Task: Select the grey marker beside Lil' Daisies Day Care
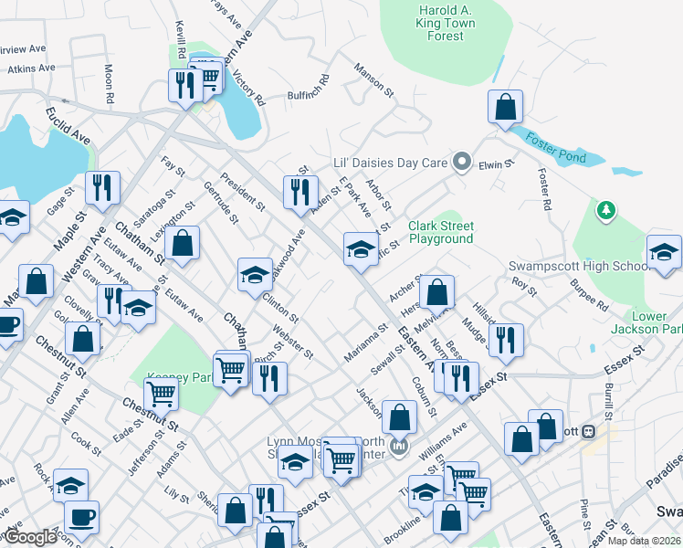click(462, 163)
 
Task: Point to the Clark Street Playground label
click(441, 232)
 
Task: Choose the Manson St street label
click(373, 81)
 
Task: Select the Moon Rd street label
click(109, 83)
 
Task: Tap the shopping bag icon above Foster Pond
click(504, 108)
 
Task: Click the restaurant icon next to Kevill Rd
click(185, 86)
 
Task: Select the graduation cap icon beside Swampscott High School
click(664, 251)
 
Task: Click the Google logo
click(30, 537)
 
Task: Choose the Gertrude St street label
click(225, 206)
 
